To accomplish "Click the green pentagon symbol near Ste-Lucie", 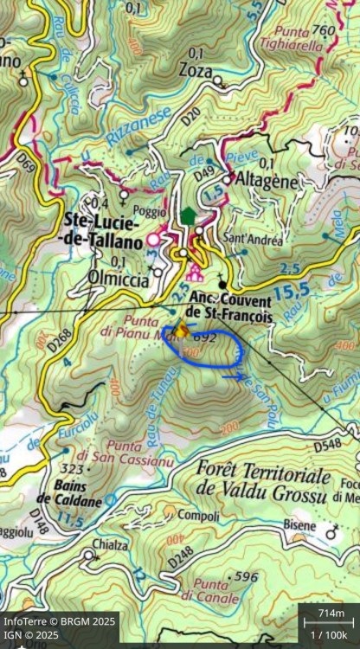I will click(189, 215).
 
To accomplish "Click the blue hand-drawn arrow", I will click(233, 376).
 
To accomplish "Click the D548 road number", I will click(326, 445).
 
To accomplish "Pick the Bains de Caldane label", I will click(67, 493).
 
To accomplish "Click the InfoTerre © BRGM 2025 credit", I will click(59, 621).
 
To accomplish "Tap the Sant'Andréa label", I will click(252, 240).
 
